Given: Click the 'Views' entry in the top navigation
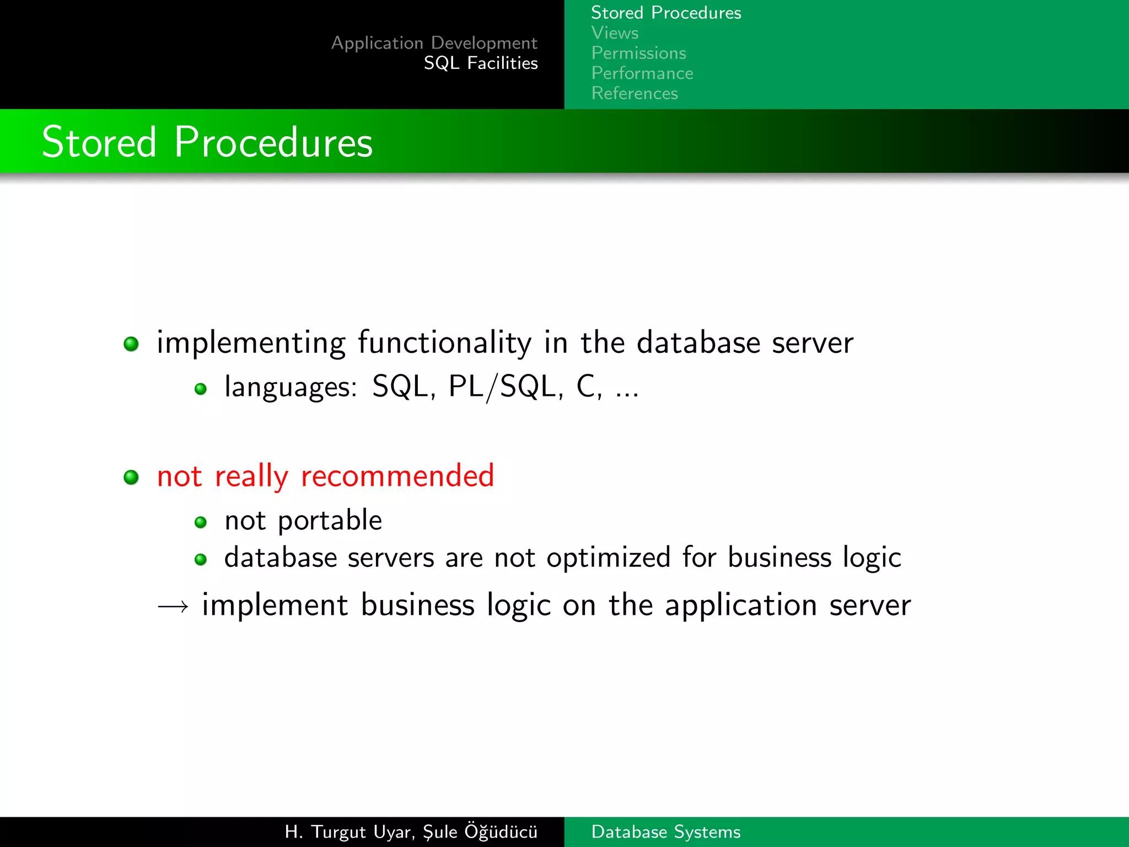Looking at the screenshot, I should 615,33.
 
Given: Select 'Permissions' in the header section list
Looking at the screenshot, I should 638,53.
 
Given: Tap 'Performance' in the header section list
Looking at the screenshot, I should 642,73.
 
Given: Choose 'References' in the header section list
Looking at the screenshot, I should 634,93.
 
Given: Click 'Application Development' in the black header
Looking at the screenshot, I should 434,43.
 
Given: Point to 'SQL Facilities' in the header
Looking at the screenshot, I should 480,63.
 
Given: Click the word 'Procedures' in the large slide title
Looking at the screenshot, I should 273,142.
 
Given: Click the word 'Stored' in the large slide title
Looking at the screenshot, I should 99,142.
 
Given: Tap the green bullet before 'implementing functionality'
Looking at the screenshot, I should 131,344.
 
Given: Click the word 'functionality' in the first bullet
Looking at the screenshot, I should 445,343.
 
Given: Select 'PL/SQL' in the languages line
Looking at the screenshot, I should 502,387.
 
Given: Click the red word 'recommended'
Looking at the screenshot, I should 397,476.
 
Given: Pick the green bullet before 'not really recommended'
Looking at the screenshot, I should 131,477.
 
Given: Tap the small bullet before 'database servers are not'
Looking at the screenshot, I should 201,560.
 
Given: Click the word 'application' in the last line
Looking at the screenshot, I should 740,606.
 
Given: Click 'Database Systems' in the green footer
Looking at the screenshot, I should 665,832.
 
